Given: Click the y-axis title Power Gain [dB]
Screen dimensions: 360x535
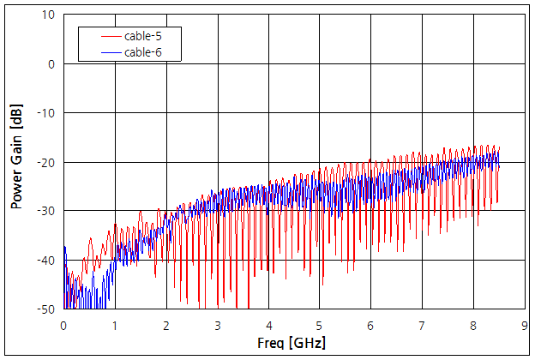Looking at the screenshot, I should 16,161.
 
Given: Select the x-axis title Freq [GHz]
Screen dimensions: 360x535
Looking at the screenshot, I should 292,343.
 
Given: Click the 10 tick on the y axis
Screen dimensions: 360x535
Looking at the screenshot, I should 49,15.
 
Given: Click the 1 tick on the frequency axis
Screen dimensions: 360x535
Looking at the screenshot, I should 115,325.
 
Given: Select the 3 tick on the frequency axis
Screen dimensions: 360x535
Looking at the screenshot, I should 217,325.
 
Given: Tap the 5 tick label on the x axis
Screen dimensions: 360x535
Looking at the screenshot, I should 319,325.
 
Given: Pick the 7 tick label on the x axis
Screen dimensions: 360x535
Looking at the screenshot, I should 421,325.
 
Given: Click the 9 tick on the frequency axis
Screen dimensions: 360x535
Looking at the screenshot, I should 523,325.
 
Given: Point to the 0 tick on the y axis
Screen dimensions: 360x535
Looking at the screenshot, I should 51,64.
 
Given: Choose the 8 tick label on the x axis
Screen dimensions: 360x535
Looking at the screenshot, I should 472,325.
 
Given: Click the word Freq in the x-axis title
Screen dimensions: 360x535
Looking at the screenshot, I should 273,343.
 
